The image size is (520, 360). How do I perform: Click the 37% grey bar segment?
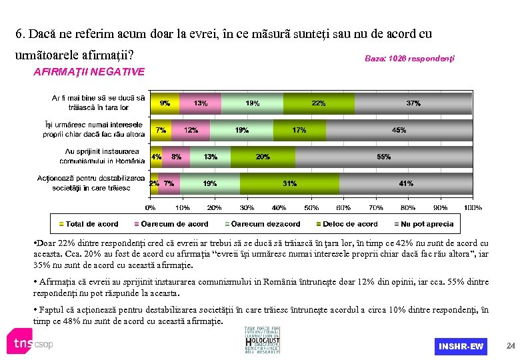[x=413, y=103]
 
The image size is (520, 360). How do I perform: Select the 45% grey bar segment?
[x=399, y=130]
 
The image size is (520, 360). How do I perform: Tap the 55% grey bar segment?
[x=383, y=157]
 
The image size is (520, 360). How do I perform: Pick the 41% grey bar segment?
[x=406, y=183]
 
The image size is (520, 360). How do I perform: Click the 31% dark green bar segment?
[x=290, y=183]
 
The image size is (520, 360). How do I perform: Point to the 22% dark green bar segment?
[x=319, y=103]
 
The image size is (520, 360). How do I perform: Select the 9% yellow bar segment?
[x=164, y=103]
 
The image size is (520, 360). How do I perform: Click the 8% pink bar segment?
[x=176, y=157]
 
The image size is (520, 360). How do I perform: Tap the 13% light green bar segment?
[x=210, y=157]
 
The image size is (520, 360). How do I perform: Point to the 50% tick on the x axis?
[x=311, y=207]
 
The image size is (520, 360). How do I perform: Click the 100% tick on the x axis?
[x=472, y=207]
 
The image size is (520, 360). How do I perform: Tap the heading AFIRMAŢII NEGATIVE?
[x=89, y=71]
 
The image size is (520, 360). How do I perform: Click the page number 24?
[x=510, y=346]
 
